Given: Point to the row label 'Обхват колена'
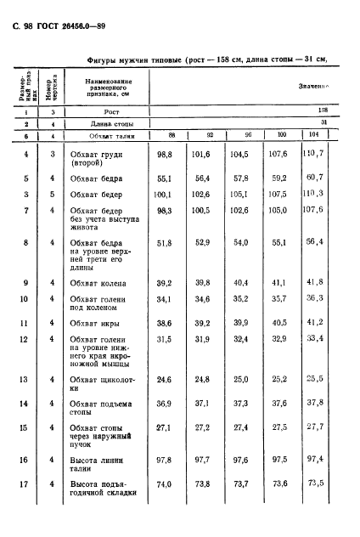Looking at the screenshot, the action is pyautogui.click(x=98, y=283).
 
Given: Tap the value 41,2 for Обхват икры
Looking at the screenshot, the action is pyautogui.click(x=314, y=323).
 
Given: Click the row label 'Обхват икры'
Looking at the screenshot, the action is pyautogui.click(x=94, y=324).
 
